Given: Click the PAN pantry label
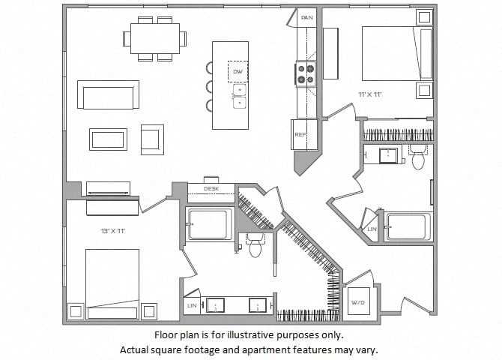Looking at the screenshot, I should [306, 17].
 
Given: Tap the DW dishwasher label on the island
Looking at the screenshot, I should [238, 71].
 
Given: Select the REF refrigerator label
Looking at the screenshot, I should [300, 135].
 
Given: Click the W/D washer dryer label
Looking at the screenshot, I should [357, 302].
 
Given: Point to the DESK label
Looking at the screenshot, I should [211, 189].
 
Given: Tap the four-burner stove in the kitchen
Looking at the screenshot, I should [305, 73].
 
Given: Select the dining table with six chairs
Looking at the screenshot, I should [155, 37].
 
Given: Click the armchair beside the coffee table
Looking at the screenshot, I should [152, 139].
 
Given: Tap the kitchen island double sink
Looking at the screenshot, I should [238, 96].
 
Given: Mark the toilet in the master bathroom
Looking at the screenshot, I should [255, 244].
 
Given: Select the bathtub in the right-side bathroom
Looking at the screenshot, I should [408, 226].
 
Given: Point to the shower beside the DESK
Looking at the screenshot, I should [208, 223].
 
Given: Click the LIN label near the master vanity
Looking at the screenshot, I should [190, 306].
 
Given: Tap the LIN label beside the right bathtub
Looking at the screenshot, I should [372, 229].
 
